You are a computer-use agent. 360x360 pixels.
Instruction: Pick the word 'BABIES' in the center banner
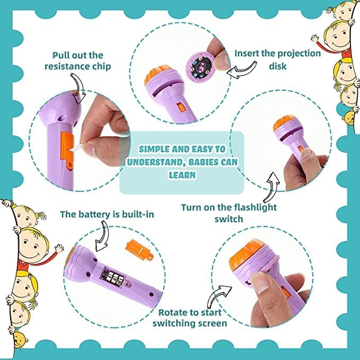pos(206,162)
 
